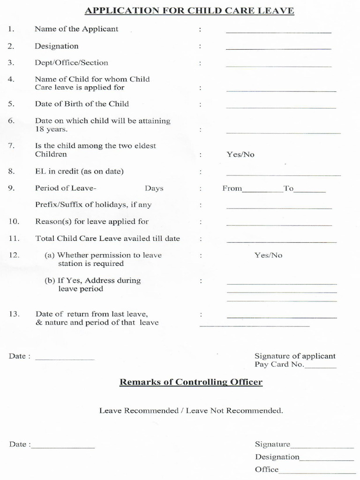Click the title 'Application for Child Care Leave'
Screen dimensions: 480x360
189,11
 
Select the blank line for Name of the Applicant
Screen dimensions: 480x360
278,32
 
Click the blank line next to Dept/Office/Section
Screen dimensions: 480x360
278,66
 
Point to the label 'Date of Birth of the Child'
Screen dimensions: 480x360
82,104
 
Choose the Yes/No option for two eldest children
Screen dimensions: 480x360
240,154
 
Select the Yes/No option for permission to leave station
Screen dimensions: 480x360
269,255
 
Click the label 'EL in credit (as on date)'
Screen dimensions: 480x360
79,171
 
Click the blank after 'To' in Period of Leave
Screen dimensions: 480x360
309,192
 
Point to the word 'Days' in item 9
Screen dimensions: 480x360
154,188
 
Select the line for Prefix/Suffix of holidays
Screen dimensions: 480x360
279,208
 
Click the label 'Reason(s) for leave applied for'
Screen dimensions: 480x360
92,221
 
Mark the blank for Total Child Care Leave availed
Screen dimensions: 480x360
281,242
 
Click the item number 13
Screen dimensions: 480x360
14,314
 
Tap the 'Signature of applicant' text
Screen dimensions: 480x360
295,356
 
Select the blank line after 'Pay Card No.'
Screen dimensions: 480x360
321,367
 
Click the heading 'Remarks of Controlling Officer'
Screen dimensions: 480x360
191,382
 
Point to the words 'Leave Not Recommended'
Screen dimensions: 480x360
234,411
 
